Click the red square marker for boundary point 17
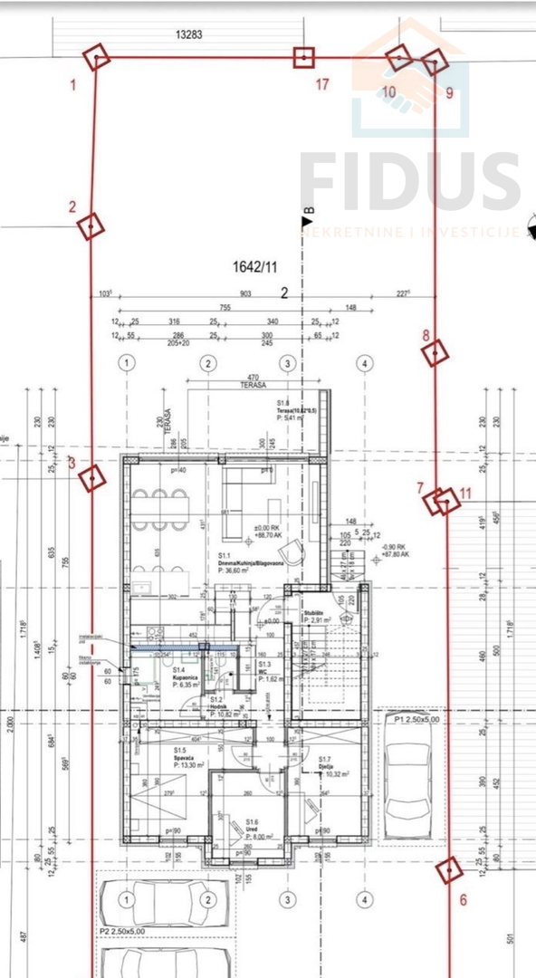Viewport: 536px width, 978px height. pyautogui.click(x=303, y=59)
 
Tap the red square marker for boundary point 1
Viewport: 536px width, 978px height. pyautogui.click(x=97, y=60)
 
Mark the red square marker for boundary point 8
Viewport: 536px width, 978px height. pyautogui.click(x=435, y=352)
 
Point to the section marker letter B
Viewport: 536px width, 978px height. pyautogui.click(x=308, y=211)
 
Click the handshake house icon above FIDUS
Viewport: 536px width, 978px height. pyautogui.click(x=409, y=81)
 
